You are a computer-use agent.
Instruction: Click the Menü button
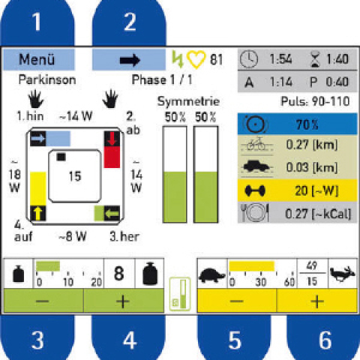coord(39,59)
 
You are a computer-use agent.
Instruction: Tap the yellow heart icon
coord(196,59)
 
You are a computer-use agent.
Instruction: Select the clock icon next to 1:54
coord(249,59)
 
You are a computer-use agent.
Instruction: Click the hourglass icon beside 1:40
coord(315,59)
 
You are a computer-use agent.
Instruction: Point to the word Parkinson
coord(47,80)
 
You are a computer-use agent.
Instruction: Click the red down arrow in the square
coord(112,139)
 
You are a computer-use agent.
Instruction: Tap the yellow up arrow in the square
coord(38,213)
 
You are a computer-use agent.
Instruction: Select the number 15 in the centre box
coord(75,176)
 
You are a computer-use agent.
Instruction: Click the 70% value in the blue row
coord(307,124)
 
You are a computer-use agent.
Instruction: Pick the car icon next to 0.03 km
coord(256,167)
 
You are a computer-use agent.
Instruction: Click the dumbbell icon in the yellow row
coord(255,190)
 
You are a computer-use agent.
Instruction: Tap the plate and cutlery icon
coord(255,213)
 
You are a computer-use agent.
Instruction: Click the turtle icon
coord(212,275)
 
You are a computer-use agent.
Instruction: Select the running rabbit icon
coord(342,274)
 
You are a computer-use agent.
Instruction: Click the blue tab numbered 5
coord(234,337)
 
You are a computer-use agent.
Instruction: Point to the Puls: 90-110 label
coord(315,101)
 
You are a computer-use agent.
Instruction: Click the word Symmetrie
coord(188,101)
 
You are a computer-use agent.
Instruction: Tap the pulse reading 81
coord(216,60)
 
